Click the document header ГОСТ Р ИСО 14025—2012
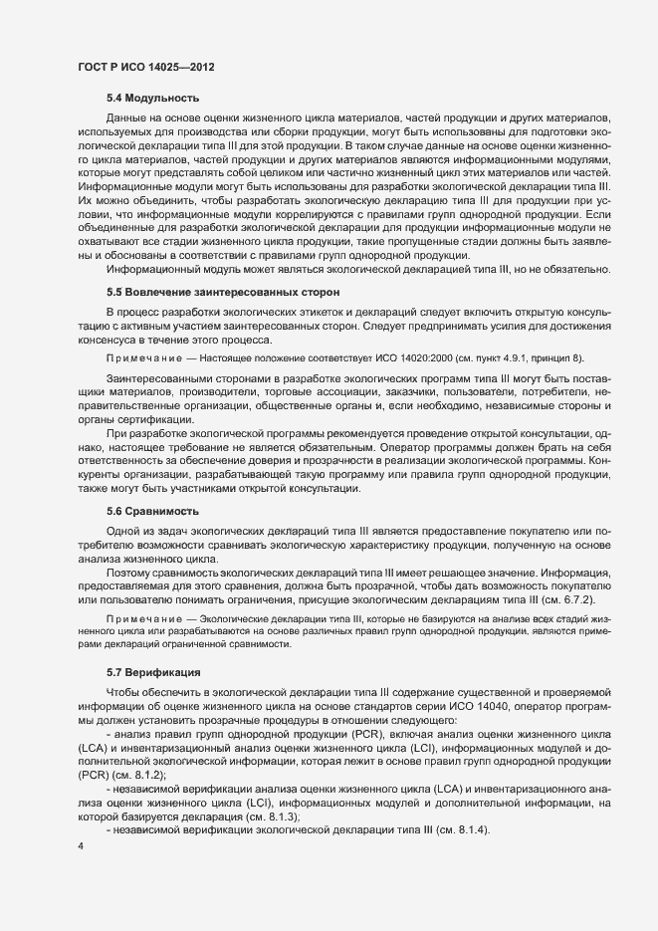[x=145, y=67]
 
